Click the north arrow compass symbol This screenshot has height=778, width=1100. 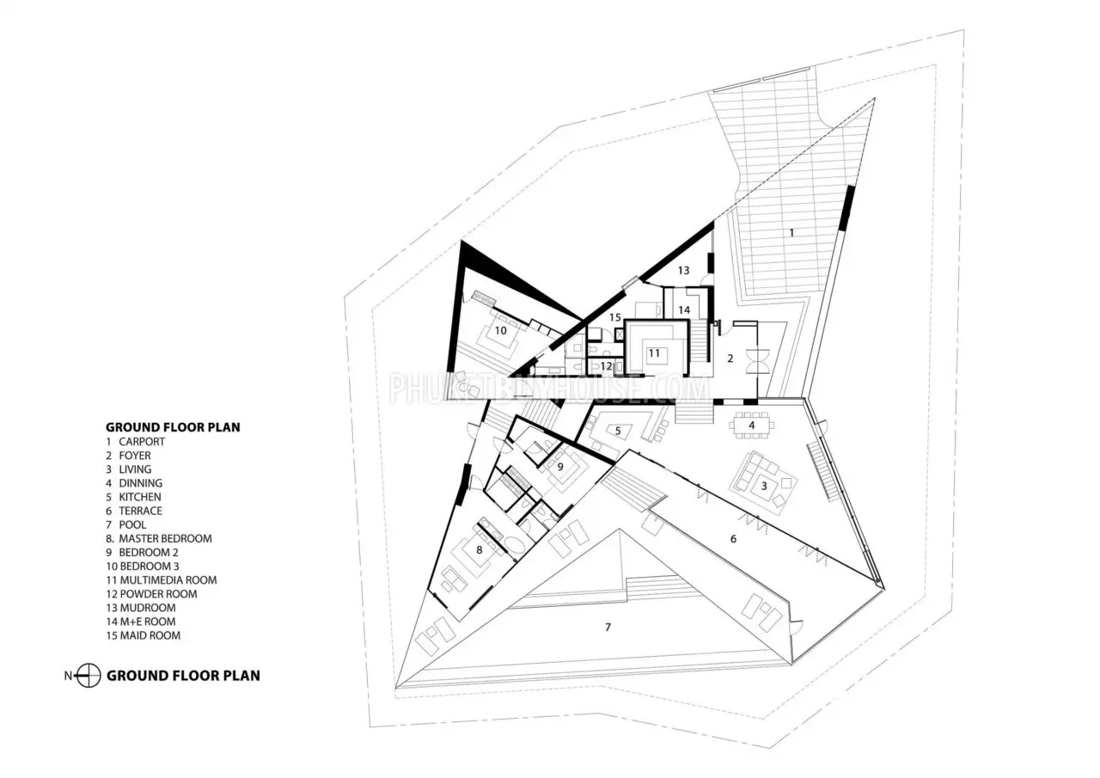click(89, 676)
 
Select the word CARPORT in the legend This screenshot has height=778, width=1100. click(142, 442)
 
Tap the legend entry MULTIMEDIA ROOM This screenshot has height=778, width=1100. click(168, 580)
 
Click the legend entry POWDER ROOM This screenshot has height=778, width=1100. click(158, 594)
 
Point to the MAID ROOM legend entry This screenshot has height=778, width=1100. click(150, 635)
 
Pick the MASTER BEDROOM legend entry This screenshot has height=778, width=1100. click(165, 538)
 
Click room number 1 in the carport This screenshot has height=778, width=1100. click(791, 232)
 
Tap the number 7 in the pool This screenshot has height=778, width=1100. click(608, 628)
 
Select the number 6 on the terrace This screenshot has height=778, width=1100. click(733, 539)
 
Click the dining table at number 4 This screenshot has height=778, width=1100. click(751, 426)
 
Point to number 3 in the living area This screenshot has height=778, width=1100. click(764, 487)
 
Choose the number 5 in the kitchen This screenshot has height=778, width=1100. click(618, 431)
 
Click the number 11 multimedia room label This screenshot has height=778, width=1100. click(654, 353)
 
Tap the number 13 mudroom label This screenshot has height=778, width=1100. click(683, 270)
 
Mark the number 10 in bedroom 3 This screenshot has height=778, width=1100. click(500, 331)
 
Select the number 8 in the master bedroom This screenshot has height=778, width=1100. click(480, 550)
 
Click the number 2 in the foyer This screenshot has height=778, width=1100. click(730, 358)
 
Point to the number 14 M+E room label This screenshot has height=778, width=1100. click(684, 310)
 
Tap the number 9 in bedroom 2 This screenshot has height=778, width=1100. click(559, 467)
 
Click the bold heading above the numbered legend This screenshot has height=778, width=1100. click(173, 427)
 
